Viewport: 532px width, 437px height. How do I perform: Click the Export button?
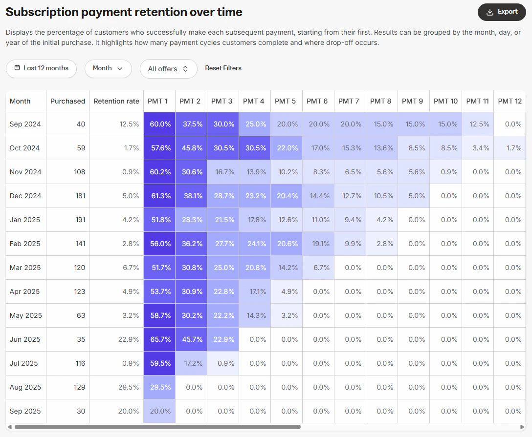tap(501, 12)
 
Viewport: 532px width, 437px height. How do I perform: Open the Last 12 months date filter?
tap(41, 68)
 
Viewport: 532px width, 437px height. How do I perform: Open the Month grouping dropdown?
tap(108, 68)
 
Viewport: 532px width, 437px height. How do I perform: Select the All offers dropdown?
tap(168, 69)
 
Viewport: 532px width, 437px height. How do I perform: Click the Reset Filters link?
tap(223, 68)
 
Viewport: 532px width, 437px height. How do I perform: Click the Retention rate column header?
tap(116, 101)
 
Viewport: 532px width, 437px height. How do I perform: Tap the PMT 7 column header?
tap(349, 101)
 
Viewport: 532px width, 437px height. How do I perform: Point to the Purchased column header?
tap(67, 101)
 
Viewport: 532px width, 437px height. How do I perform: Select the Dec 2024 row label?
tap(25, 196)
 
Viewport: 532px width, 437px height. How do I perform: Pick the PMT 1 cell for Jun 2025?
tap(159, 339)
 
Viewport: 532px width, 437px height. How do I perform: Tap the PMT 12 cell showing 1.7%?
tap(513, 148)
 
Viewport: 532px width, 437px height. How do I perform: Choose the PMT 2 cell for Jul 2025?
tap(191, 363)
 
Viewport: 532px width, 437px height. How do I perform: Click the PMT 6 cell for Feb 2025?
tap(318, 244)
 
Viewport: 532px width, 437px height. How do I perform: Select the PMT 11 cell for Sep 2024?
tap(477, 124)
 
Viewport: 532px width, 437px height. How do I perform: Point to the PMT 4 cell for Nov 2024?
tap(254, 172)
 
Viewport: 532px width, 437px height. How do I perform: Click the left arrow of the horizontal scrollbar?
tap(10, 427)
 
